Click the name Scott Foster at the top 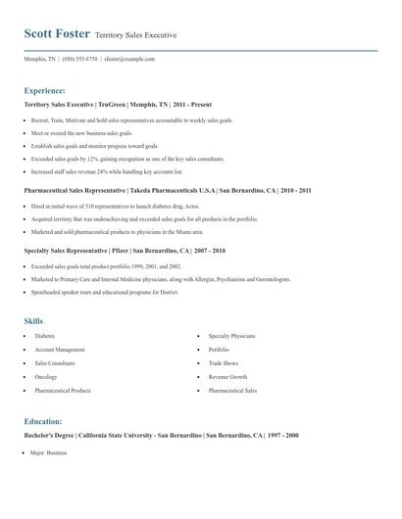(x=57, y=33)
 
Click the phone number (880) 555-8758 (x=79, y=59)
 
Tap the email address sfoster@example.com (x=130, y=59)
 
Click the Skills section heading (x=33, y=320)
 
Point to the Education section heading (x=44, y=421)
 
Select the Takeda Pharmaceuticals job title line (x=168, y=190)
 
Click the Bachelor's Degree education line (x=162, y=435)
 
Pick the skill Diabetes (x=45, y=336)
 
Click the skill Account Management (x=60, y=350)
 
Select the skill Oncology (x=46, y=377)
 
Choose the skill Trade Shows (x=224, y=363)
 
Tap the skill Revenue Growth (x=227, y=377)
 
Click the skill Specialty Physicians (x=232, y=336)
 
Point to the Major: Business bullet (x=49, y=453)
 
